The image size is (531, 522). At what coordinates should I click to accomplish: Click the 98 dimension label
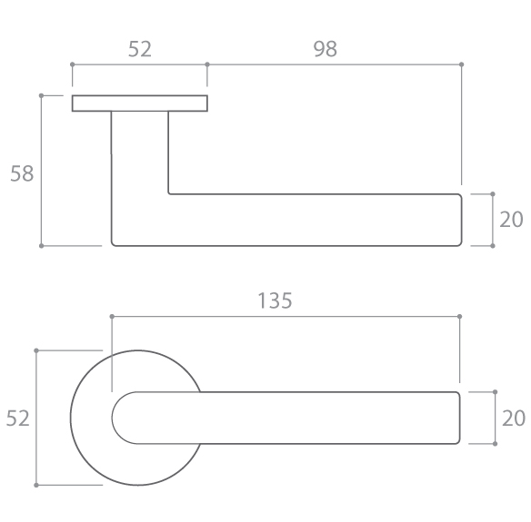pos(326,49)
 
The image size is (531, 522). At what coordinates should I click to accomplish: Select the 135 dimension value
pos(275,300)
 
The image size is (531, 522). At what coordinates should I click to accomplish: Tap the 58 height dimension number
pos(22,173)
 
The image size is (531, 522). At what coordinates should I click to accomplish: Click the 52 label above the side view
pos(140,49)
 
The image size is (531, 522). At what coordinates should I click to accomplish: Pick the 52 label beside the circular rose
pos(18,418)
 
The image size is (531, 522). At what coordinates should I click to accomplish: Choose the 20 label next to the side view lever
pos(511,220)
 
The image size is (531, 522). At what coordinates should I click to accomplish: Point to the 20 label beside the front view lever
pos(514,419)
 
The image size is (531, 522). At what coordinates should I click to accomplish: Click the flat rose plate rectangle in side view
pos(139,103)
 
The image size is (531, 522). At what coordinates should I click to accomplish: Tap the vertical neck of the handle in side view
pos(140,153)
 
